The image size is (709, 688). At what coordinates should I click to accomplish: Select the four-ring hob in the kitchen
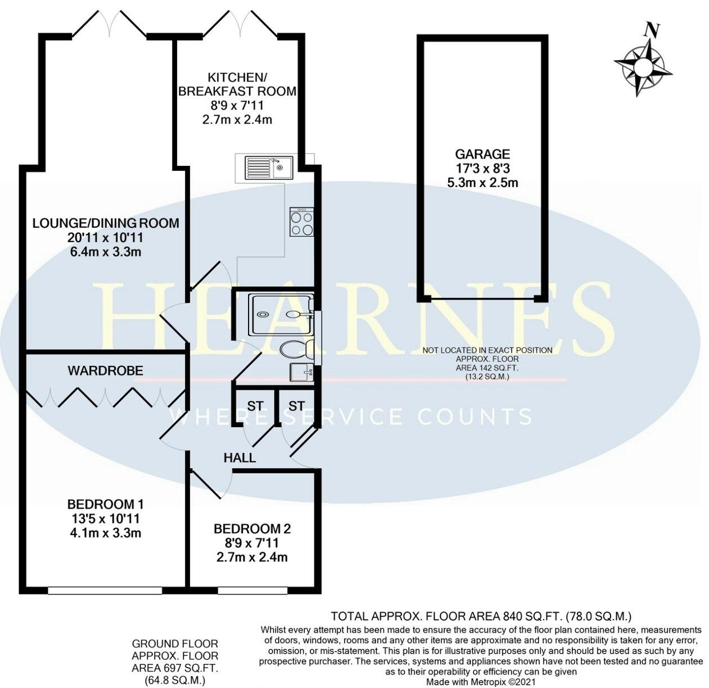301,221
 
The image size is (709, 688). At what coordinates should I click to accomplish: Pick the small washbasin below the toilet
301,372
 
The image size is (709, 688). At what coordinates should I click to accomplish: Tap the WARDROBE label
105,370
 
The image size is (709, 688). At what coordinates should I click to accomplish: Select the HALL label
240,458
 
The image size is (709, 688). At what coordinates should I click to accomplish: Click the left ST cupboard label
255,406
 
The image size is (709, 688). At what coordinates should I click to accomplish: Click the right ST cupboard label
296,406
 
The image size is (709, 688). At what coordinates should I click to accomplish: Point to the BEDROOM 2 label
252,528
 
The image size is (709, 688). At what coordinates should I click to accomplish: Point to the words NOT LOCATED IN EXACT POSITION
487,350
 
